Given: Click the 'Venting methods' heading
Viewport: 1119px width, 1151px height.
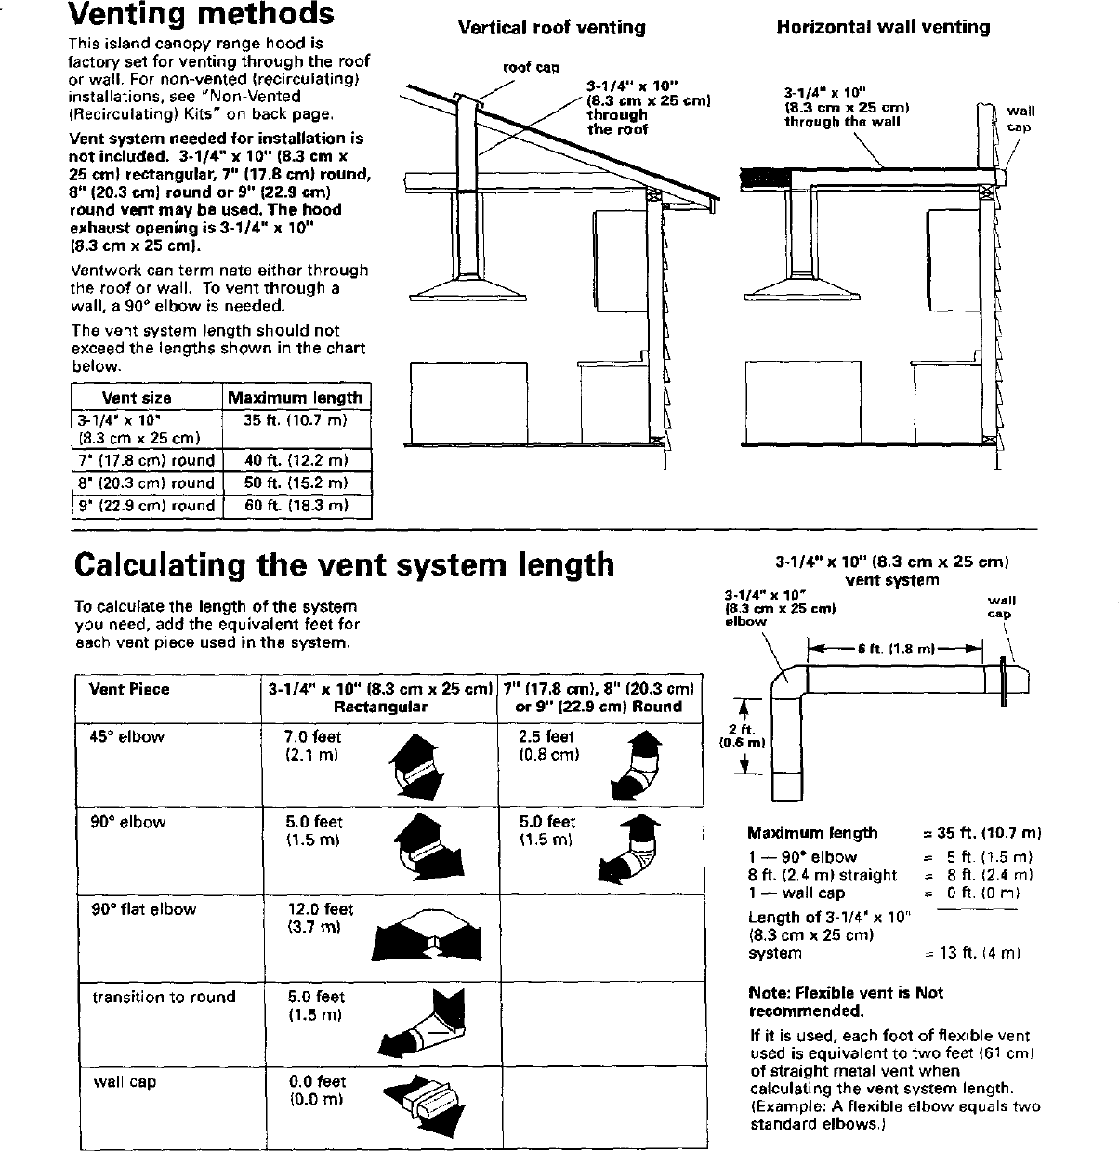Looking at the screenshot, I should [202, 15].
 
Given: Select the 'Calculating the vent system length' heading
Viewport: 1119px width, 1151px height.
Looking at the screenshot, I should [344, 564].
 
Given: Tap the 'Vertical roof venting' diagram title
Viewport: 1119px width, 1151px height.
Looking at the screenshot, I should [551, 28].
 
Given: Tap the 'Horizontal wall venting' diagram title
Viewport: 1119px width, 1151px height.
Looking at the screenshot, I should [883, 28].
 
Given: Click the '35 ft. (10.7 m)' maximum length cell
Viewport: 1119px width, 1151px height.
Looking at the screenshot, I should [296, 420].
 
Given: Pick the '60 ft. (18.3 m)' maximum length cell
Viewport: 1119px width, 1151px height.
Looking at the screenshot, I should [296, 506].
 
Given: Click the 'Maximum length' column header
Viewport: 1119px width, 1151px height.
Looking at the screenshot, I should [296, 398].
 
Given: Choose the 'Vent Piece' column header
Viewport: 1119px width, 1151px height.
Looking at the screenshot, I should [129, 689].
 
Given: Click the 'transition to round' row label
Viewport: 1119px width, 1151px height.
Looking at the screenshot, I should [164, 997].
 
